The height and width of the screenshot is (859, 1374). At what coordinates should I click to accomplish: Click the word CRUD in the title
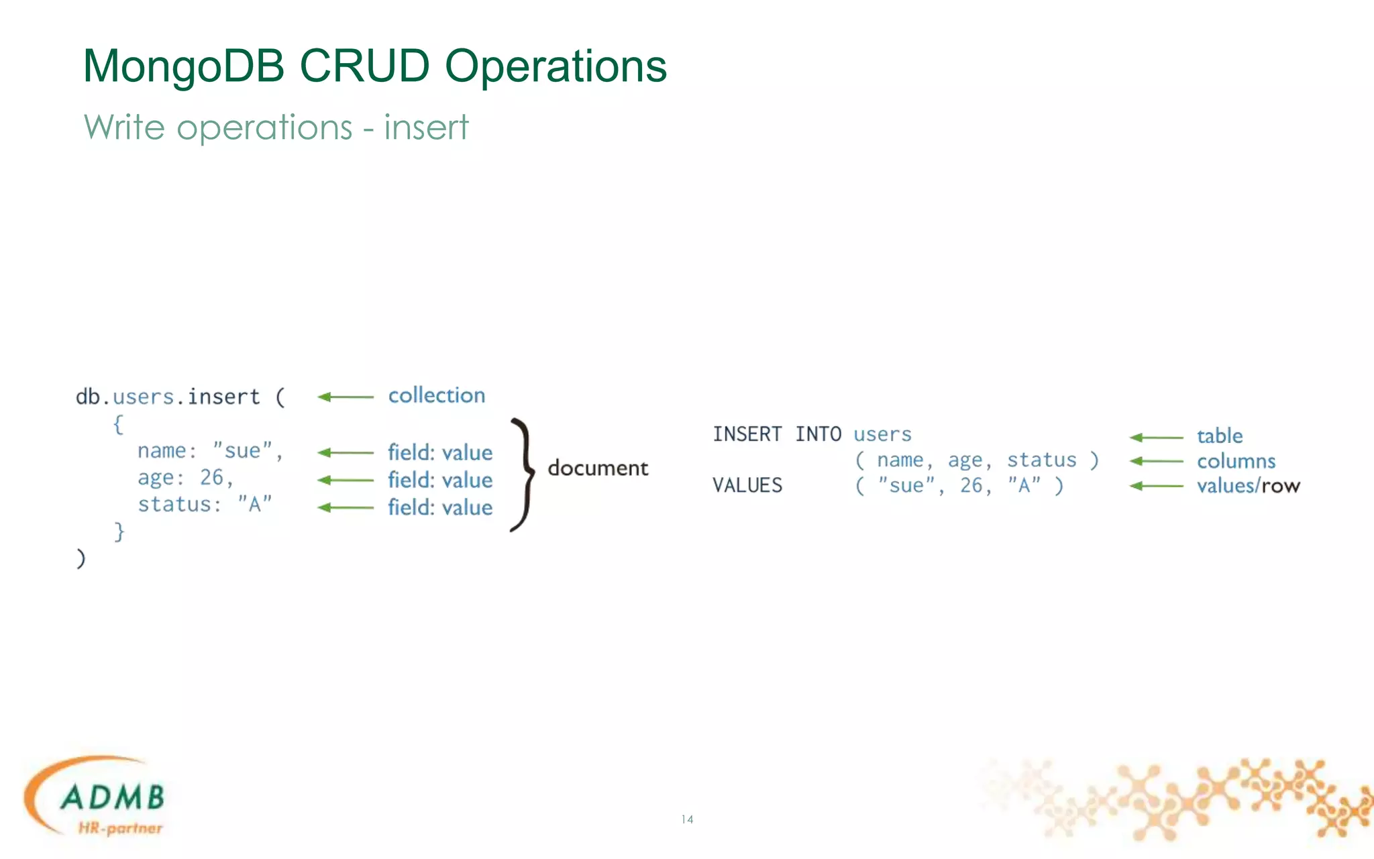pyautogui.click(x=364, y=66)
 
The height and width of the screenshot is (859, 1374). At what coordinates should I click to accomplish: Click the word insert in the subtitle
pyautogui.click(x=425, y=128)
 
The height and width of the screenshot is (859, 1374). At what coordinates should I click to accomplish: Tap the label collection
pyautogui.click(x=436, y=395)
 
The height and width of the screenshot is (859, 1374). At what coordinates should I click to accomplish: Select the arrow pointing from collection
pyautogui.click(x=345, y=397)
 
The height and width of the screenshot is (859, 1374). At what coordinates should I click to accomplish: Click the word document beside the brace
pyautogui.click(x=597, y=468)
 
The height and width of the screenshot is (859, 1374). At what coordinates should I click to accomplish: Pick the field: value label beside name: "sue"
pyautogui.click(x=439, y=453)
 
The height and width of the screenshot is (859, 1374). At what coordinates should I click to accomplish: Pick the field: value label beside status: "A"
pyautogui.click(x=439, y=507)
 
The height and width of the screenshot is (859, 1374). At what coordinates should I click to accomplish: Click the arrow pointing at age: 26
pyautogui.click(x=345, y=480)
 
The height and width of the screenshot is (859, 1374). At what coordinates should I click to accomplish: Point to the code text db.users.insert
pyautogui.click(x=168, y=397)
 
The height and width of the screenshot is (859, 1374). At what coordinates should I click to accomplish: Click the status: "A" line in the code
pyautogui.click(x=205, y=505)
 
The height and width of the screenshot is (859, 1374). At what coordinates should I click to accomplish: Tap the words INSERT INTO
pyautogui.click(x=776, y=434)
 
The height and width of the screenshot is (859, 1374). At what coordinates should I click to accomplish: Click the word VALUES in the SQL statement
pyautogui.click(x=747, y=485)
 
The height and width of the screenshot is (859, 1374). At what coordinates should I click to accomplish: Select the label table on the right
pyautogui.click(x=1219, y=436)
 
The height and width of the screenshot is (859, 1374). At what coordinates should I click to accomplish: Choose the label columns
pyautogui.click(x=1236, y=461)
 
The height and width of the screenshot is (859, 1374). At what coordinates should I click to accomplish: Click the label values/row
pyautogui.click(x=1248, y=485)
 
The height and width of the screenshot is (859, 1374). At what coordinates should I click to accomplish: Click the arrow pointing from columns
pyautogui.click(x=1156, y=461)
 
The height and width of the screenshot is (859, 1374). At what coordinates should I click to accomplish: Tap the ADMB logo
pyautogui.click(x=97, y=799)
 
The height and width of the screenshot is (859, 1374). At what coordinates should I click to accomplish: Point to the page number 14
pyautogui.click(x=687, y=819)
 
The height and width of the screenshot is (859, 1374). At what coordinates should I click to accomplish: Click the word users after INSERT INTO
pyautogui.click(x=882, y=434)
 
